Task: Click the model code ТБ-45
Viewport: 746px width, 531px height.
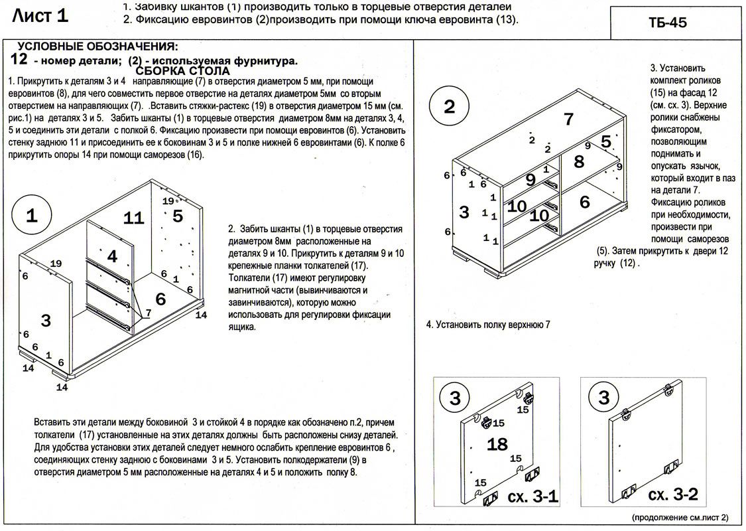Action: (x=668, y=22)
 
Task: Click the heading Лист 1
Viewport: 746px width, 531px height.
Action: (x=40, y=15)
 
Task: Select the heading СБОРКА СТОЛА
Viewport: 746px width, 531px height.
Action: (x=182, y=71)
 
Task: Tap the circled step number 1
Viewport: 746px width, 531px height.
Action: (x=32, y=216)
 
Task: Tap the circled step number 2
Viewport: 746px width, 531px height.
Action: (x=450, y=108)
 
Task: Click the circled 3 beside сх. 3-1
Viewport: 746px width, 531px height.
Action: (x=455, y=398)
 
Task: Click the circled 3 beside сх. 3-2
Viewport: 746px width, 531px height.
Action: (x=603, y=398)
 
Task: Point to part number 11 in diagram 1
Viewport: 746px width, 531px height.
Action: (x=133, y=218)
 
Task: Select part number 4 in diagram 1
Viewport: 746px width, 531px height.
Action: (x=112, y=256)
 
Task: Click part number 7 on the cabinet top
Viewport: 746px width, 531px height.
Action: (x=568, y=119)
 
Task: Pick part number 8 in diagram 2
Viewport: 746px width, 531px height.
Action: (x=579, y=161)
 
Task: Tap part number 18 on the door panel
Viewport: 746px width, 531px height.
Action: (x=497, y=444)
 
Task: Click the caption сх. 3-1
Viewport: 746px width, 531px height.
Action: (x=532, y=496)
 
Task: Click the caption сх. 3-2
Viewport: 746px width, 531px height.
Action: (x=672, y=495)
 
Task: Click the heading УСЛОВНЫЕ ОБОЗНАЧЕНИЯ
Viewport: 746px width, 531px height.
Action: (x=97, y=46)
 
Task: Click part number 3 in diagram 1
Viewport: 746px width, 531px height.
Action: (x=46, y=321)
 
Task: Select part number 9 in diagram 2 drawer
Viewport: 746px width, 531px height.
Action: (x=530, y=179)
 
